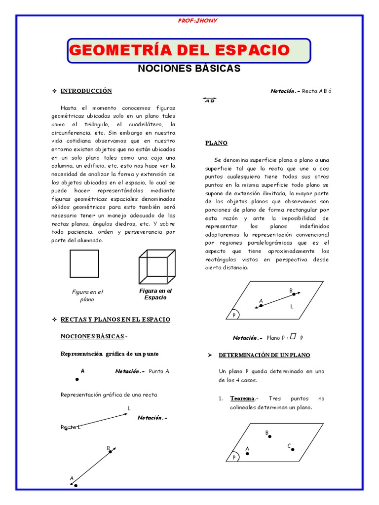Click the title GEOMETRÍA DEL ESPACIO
coord(180,50)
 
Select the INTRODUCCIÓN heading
coord(86,91)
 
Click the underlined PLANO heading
coord(216,143)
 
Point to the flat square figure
coord(84,264)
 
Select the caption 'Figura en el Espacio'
coord(155,294)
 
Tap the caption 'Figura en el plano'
coord(87,295)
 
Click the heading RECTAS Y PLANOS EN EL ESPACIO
coord(115,320)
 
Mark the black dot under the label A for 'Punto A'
coord(76,379)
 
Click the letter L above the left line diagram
coord(129,408)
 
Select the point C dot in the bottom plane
coord(293,449)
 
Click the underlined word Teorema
coord(242,398)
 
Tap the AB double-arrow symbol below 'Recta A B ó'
coord(209,101)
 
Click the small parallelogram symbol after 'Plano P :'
coord(293,337)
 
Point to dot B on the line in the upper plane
coord(294,294)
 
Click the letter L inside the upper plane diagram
coord(292,307)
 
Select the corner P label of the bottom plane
coord(234,458)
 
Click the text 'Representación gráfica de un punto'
coord(110,354)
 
